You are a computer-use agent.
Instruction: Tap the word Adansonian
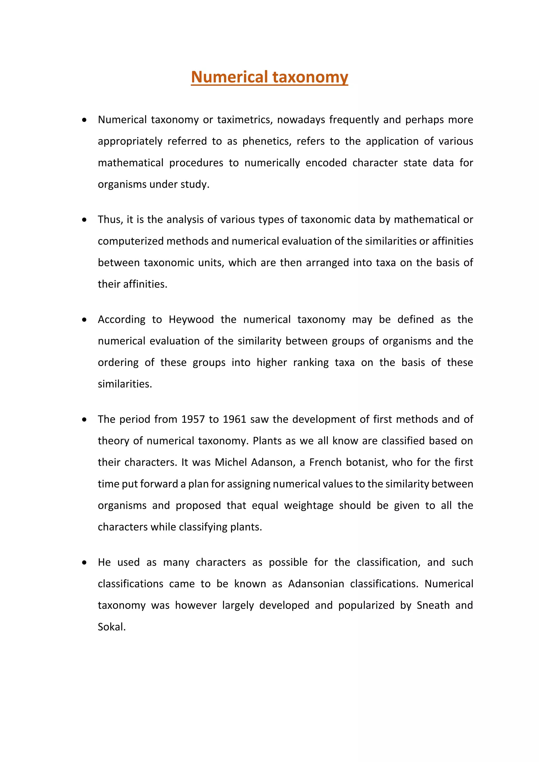coord(316,584)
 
